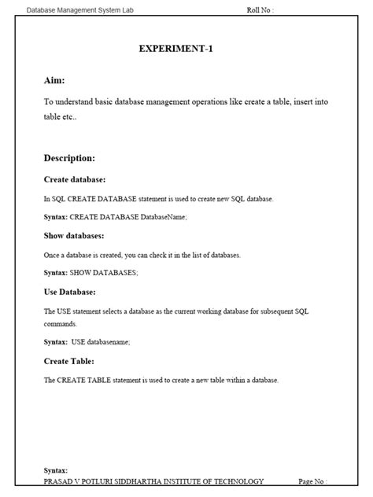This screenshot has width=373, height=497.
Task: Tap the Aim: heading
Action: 54,80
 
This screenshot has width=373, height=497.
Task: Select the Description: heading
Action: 69,158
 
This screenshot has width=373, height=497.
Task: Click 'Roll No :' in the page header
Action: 260,10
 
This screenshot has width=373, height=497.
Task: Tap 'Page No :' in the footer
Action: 312,481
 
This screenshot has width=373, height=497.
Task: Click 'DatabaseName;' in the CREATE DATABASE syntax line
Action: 164,216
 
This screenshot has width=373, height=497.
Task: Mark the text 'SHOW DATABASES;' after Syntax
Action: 104,272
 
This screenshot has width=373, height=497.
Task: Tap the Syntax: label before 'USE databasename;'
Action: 56,341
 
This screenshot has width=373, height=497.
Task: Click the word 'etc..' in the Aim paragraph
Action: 67,116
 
